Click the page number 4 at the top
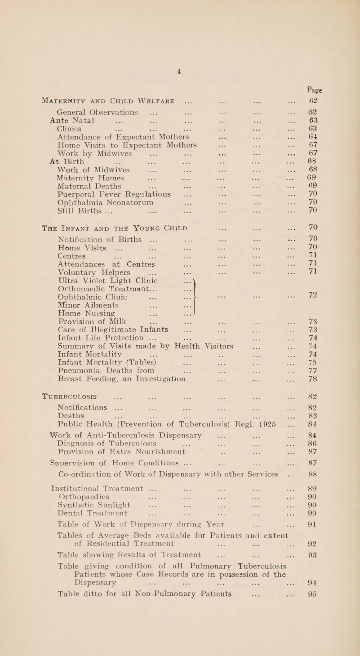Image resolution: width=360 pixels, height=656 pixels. [179, 7]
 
